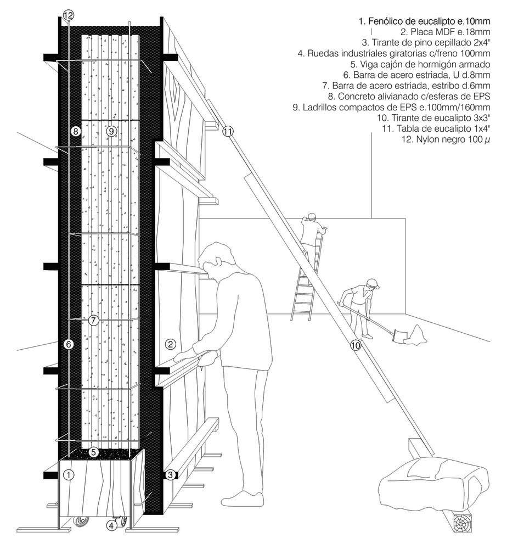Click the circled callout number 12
(68, 16)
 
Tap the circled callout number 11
(228, 131)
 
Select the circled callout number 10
(356, 345)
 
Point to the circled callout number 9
(111, 131)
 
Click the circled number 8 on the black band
(76, 131)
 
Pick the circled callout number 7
(93, 320)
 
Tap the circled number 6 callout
(69, 344)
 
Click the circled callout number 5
(94, 452)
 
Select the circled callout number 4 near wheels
(112, 525)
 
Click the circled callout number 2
(171, 344)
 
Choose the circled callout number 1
(68, 475)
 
